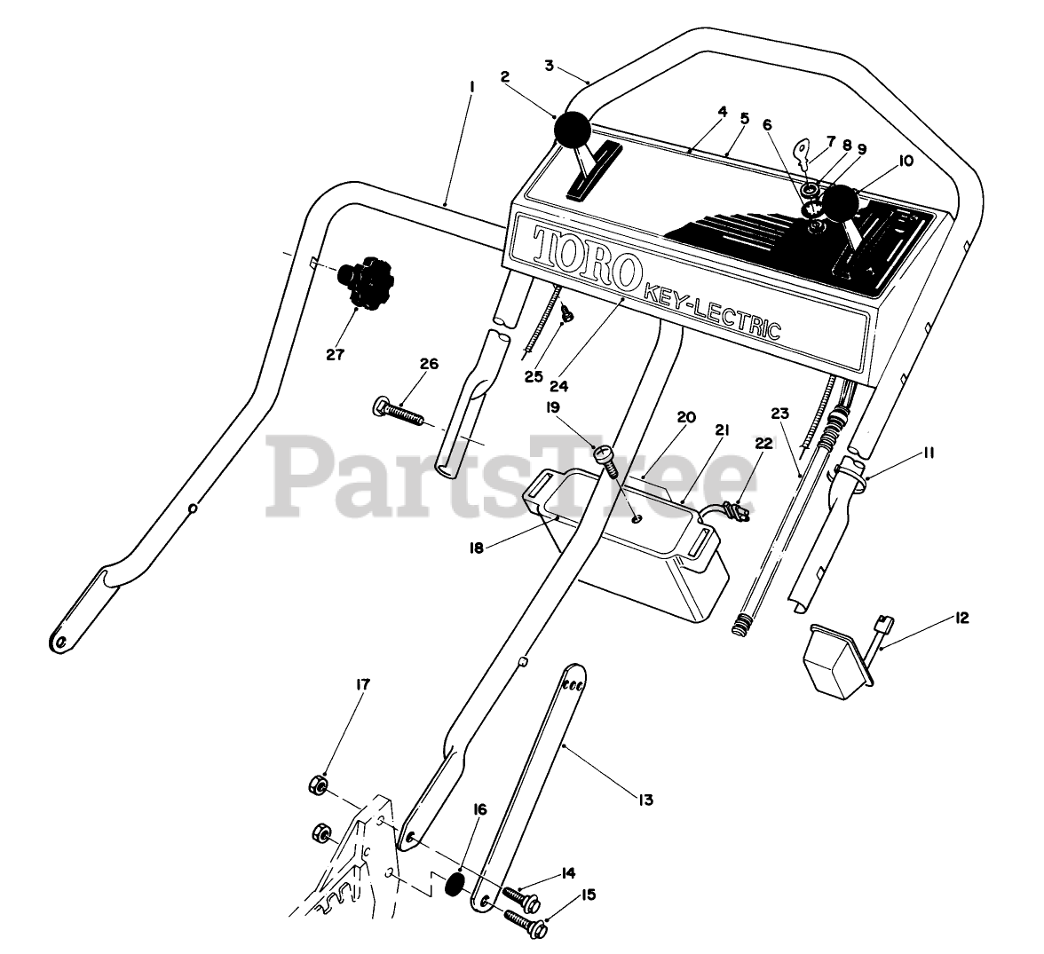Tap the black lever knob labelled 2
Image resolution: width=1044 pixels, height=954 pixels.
pyautogui.click(x=572, y=132)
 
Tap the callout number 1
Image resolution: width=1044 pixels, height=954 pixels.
pyautogui.click(x=471, y=87)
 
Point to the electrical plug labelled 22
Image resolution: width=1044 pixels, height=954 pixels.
pyautogui.click(x=734, y=513)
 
